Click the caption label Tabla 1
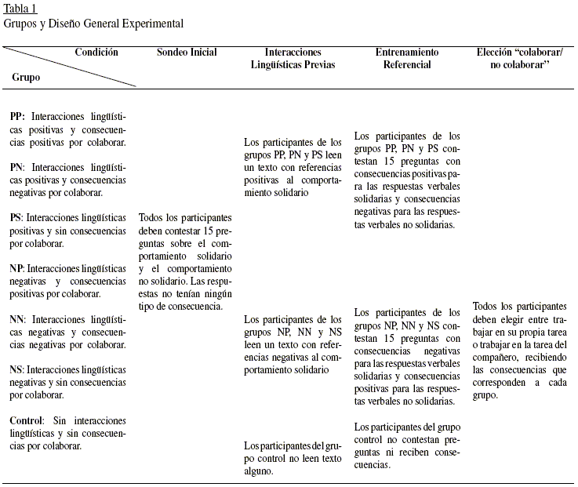click(20, 9)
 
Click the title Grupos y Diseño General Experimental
click(93, 24)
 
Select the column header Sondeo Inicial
click(187, 53)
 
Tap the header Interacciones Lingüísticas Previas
click(292, 59)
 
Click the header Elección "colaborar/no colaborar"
click(519, 59)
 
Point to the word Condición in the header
click(96, 53)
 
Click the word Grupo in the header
click(26, 78)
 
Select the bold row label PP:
click(17, 116)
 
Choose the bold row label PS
click(16, 218)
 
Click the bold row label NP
click(17, 269)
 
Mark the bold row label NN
click(18, 320)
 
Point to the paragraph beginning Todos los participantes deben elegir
click(519, 351)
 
